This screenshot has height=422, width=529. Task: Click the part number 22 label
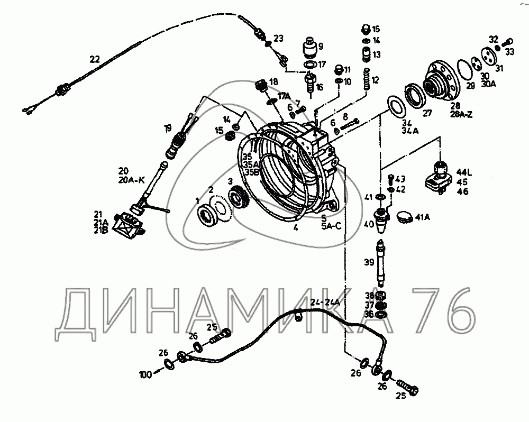(95, 59)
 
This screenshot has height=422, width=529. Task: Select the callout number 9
(321, 46)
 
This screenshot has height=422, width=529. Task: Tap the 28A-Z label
(461, 114)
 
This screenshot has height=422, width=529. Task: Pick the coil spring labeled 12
(367, 79)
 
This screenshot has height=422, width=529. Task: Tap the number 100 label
(145, 374)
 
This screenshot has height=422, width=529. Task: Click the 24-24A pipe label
(324, 302)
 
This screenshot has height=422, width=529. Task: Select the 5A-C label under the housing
(331, 226)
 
